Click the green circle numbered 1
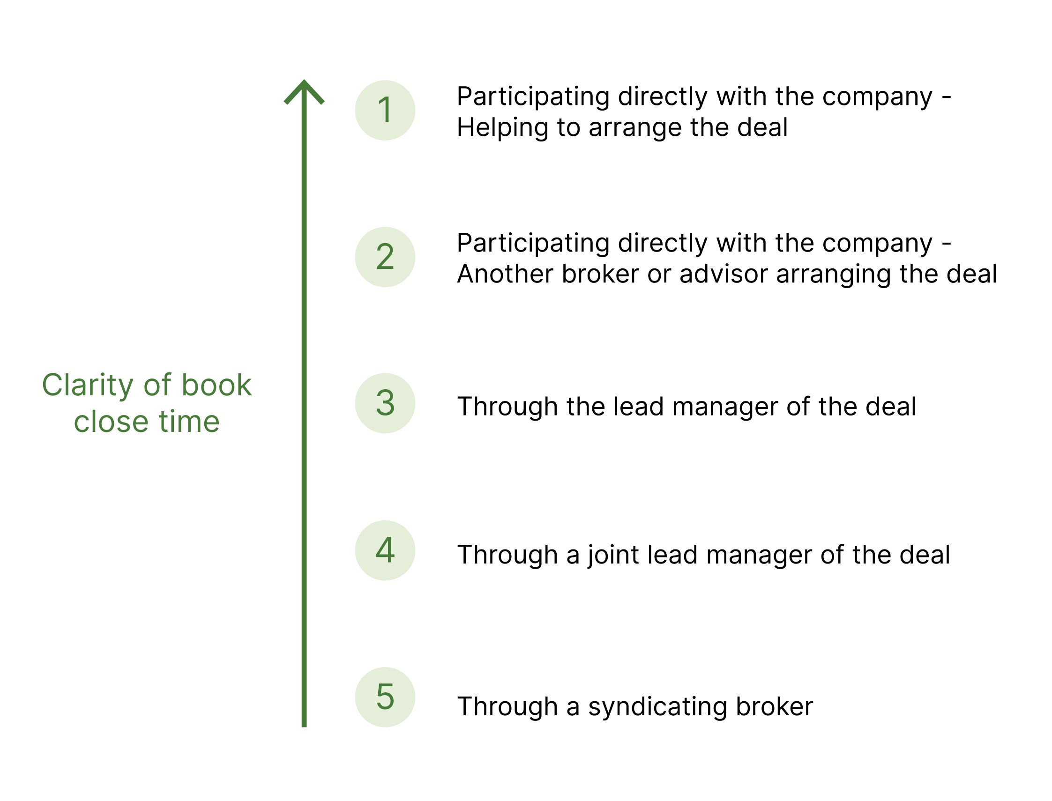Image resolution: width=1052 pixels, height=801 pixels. click(x=385, y=110)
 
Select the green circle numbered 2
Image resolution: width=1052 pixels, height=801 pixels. click(x=385, y=257)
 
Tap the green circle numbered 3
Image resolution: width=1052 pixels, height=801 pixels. click(x=385, y=403)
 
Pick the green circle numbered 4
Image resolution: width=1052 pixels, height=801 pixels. click(x=385, y=550)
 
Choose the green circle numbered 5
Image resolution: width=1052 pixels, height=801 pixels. click(x=385, y=697)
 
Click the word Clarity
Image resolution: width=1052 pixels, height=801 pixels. click(x=87, y=385)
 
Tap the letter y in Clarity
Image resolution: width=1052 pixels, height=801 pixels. click(x=126, y=388)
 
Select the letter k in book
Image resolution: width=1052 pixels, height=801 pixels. click(x=244, y=384)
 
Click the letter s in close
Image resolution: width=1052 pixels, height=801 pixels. click(x=125, y=423)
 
